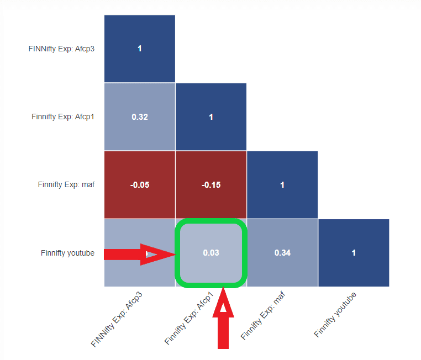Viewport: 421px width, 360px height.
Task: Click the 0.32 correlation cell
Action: tap(139, 117)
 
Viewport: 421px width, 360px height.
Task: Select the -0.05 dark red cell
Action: tap(139, 184)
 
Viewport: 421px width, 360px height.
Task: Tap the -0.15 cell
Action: tap(211, 184)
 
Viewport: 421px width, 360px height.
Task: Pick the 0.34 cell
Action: tap(282, 253)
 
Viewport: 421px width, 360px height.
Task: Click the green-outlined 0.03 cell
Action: tap(211, 253)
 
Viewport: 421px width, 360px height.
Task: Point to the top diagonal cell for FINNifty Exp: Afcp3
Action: tap(139, 49)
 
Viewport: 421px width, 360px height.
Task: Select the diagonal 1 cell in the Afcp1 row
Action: tap(211, 117)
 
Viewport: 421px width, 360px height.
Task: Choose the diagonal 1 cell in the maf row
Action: tap(282, 184)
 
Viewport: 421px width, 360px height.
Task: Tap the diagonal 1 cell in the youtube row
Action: tap(354, 253)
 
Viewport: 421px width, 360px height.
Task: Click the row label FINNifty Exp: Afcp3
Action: tap(61, 49)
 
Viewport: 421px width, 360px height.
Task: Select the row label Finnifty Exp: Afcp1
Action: tap(63, 117)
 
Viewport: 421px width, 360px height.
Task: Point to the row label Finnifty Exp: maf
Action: tap(66, 184)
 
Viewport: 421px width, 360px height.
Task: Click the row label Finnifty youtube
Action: tap(67, 253)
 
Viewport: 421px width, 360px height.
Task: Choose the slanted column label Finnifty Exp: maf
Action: tap(264, 314)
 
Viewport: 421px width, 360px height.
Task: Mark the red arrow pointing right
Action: tap(138, 254)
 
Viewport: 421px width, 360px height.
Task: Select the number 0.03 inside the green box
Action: tap(211, 253)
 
